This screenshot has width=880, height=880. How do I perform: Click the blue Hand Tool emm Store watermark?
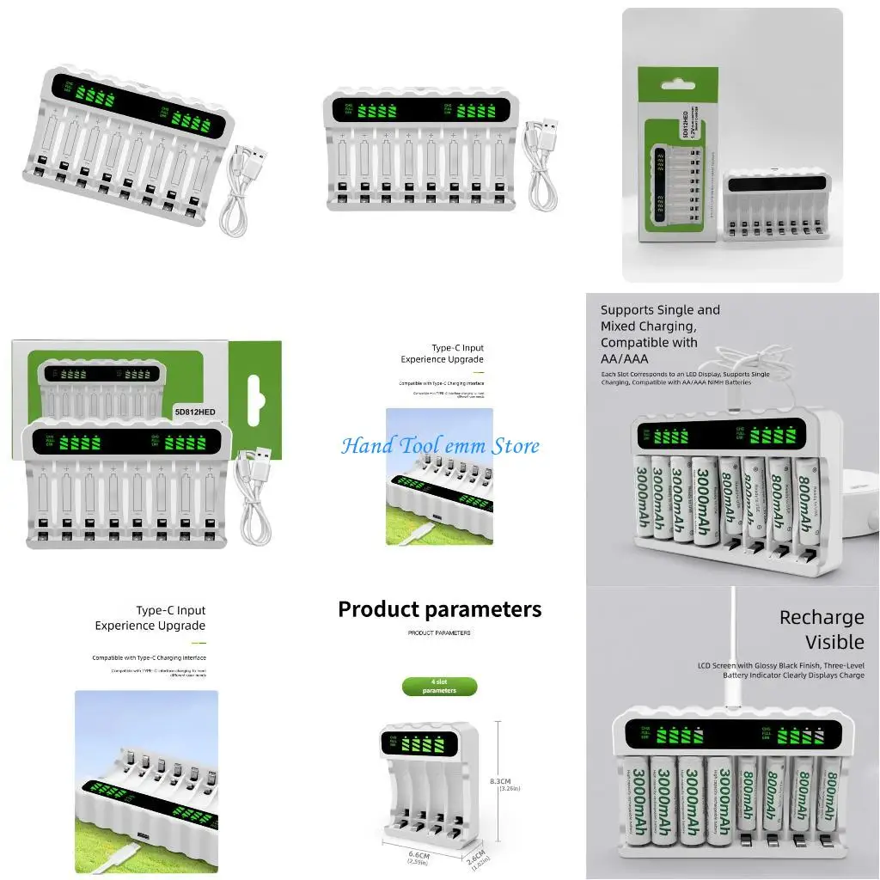pos(440,446)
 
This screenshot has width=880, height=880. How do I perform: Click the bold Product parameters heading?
pos(439,609)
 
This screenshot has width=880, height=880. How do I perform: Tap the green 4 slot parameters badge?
pos(439,687)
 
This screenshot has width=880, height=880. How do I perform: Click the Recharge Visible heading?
pos(821,630)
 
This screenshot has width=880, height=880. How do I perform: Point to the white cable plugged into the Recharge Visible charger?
pos(732,645)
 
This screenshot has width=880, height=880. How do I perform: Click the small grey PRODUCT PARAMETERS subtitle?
pos(439,632)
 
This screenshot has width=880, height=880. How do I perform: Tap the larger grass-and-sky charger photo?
pos(146,781)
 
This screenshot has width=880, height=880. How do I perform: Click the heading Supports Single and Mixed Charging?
pos(660,318)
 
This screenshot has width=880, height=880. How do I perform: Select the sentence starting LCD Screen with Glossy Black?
pos(780,670)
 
